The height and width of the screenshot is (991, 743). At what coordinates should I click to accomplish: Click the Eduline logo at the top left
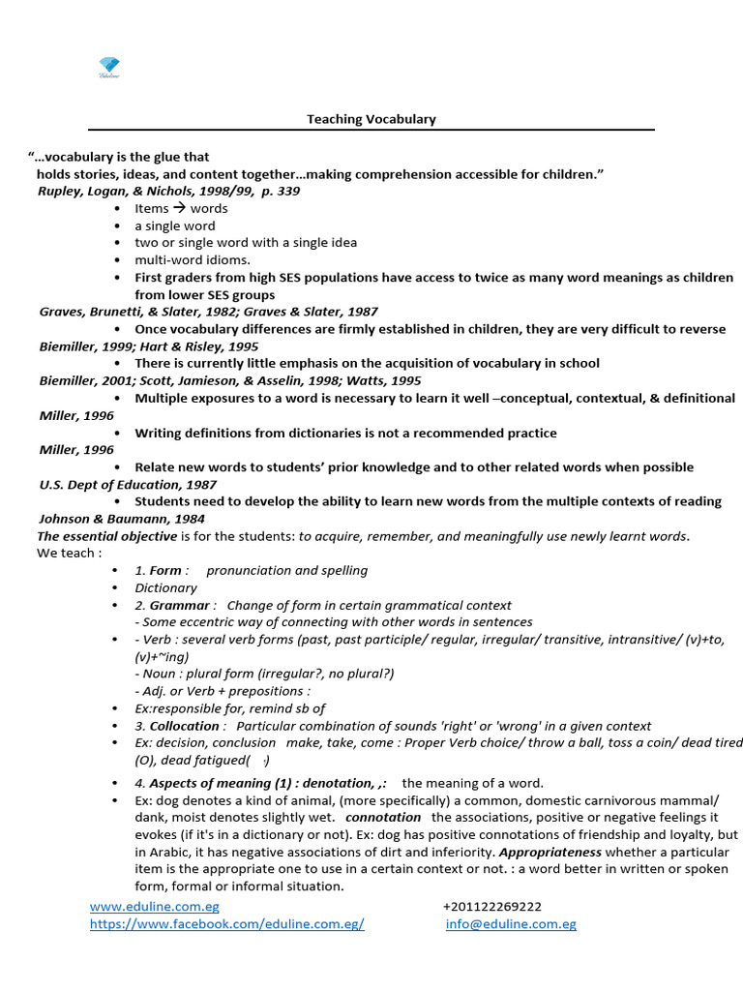[x=108, y=67]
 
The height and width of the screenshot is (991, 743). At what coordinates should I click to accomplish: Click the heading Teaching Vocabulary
[x=371, y=119]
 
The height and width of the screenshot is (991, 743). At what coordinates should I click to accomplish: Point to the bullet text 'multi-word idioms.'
[x=193, y=259]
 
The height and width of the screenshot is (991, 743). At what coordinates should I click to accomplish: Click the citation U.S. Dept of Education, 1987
[x=128, y=484]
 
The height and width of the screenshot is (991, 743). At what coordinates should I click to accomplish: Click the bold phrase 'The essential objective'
[x=107, y=536]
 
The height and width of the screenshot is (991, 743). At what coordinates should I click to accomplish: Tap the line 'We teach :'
[x=69, y=554]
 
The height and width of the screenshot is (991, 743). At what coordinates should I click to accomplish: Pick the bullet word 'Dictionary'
[x=165, y=587]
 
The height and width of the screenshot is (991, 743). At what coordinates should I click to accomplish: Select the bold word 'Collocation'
[x=186, y=726]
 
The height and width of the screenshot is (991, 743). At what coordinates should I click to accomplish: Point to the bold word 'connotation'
[x=383, y=818]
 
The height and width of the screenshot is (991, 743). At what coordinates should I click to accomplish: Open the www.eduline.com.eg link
[x=155, y=907]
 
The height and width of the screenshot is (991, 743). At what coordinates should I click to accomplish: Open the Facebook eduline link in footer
[x=227, y=924]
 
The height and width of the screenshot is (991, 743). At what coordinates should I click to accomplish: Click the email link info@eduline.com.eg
[x=511, y=924]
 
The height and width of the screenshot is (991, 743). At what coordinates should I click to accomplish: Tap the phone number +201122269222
[x=492, y=907]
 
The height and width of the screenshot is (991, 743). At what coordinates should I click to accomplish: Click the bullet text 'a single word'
[x=175, y=225]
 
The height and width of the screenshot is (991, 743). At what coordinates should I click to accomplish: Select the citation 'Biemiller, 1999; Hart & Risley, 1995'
[x=149, y=346]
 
